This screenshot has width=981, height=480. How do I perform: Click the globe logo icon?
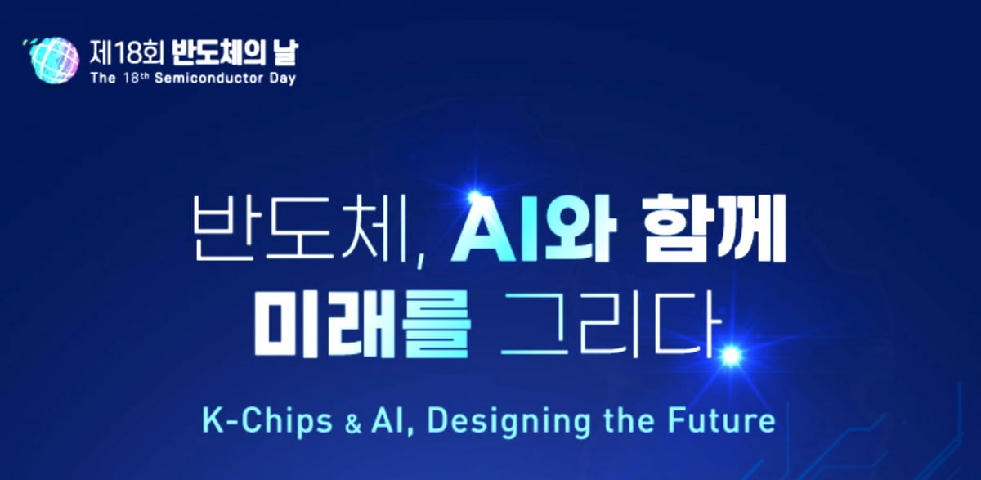[52, 60]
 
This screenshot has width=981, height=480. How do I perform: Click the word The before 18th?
[103, 78]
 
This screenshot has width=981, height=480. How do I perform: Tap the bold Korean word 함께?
[714, 229]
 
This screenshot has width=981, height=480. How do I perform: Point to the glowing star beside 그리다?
[732, 356]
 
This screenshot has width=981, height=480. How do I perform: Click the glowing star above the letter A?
[474, 198]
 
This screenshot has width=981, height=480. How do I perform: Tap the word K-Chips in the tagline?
[267, 421]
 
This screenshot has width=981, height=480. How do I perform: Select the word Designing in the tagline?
[508, 421]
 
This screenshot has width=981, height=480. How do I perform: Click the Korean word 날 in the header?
[284, 52]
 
